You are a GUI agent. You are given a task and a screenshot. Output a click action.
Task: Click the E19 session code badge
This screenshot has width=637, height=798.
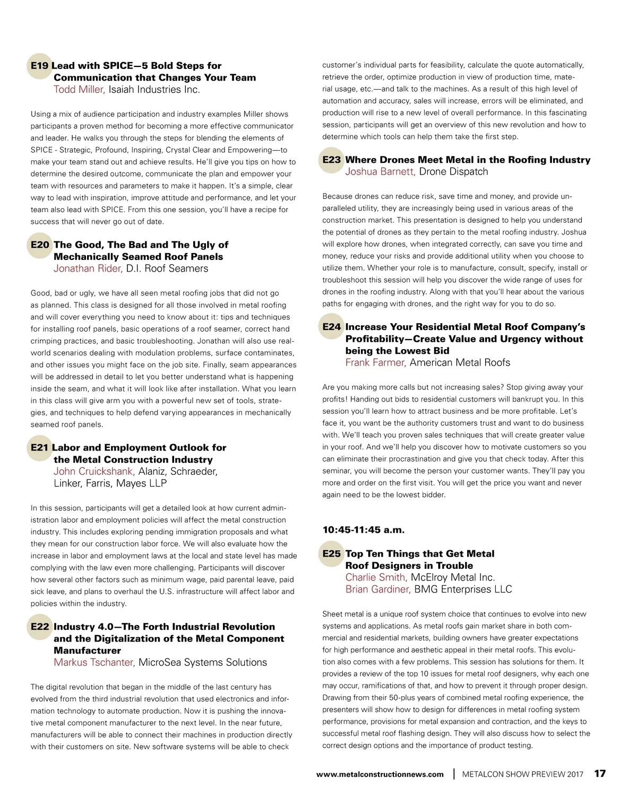click(x=40, y=66)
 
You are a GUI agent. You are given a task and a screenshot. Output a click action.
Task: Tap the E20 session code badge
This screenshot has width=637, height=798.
click(x=40, y=245)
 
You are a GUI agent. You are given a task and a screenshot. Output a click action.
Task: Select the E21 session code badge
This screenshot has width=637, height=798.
click(x=40, y=448)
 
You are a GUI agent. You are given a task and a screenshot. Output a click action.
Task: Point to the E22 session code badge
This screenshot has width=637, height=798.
click(x=40, y=627)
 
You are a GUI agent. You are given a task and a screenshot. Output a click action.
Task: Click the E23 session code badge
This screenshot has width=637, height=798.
click(x=332, y=160)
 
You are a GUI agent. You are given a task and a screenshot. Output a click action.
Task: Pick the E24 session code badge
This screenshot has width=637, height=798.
click(x=332, y=327)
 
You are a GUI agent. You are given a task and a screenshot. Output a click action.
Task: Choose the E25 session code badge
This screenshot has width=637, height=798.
click(x=332, y=554)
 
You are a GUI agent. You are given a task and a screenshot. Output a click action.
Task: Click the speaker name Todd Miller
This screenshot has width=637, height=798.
click(x=79, y=90)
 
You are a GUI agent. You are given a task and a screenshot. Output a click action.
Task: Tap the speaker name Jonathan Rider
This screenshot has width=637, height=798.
click(x=88, y=268)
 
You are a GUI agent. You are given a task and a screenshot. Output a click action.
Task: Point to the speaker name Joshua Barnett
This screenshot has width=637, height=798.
click(x=380, y=172)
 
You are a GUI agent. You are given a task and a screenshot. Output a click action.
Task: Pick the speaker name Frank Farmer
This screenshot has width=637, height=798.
click(x=375, y=363)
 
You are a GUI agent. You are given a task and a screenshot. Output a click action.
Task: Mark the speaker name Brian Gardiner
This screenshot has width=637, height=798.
click(x=377, y=589)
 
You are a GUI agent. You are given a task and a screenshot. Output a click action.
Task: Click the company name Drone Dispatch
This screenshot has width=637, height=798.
click(x=453, y=172)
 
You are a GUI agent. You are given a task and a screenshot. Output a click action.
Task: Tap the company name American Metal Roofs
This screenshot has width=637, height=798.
click(x=460, y=363)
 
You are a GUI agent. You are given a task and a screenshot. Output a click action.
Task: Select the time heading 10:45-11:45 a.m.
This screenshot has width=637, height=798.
click(x=364, y=530)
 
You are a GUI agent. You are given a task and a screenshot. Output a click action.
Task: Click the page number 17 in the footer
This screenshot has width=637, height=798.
click(x=599, y=774)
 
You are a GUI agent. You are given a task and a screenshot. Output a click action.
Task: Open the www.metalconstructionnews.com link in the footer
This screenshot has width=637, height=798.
click(x=380, y=775)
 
